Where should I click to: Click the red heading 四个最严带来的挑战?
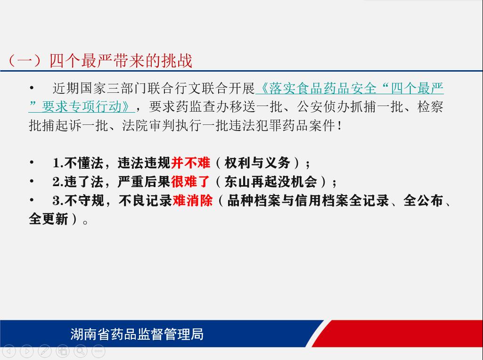pyautogui.click(x=121, y=61)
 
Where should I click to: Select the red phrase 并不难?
pyautogui.click(x=191, y=163)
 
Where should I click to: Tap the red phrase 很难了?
pyautogui.click(x=191, y=182)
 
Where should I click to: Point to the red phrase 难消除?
pyautogui.click(x=193, y=200)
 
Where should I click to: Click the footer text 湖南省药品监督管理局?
pyautogui.click(x=137, y=334)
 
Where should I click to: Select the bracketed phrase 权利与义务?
pyautogui.click(x=257, y=163)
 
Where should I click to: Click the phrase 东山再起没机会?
pyautogui.click(x=271, y=182)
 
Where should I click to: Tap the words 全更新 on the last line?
pyautogui.click(x=49, y=219)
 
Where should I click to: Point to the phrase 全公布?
pyautogui.click(x=423, y=200)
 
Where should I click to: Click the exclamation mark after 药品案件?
pyautogui.click(x=339, y=126)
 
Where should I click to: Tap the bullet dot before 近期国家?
pyautogui.click(x=32, y=88)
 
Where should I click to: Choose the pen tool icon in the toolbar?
pyautogui.click(x=45, y=351)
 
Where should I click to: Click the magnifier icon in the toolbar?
pyautogui.click(x=81, y=351)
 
